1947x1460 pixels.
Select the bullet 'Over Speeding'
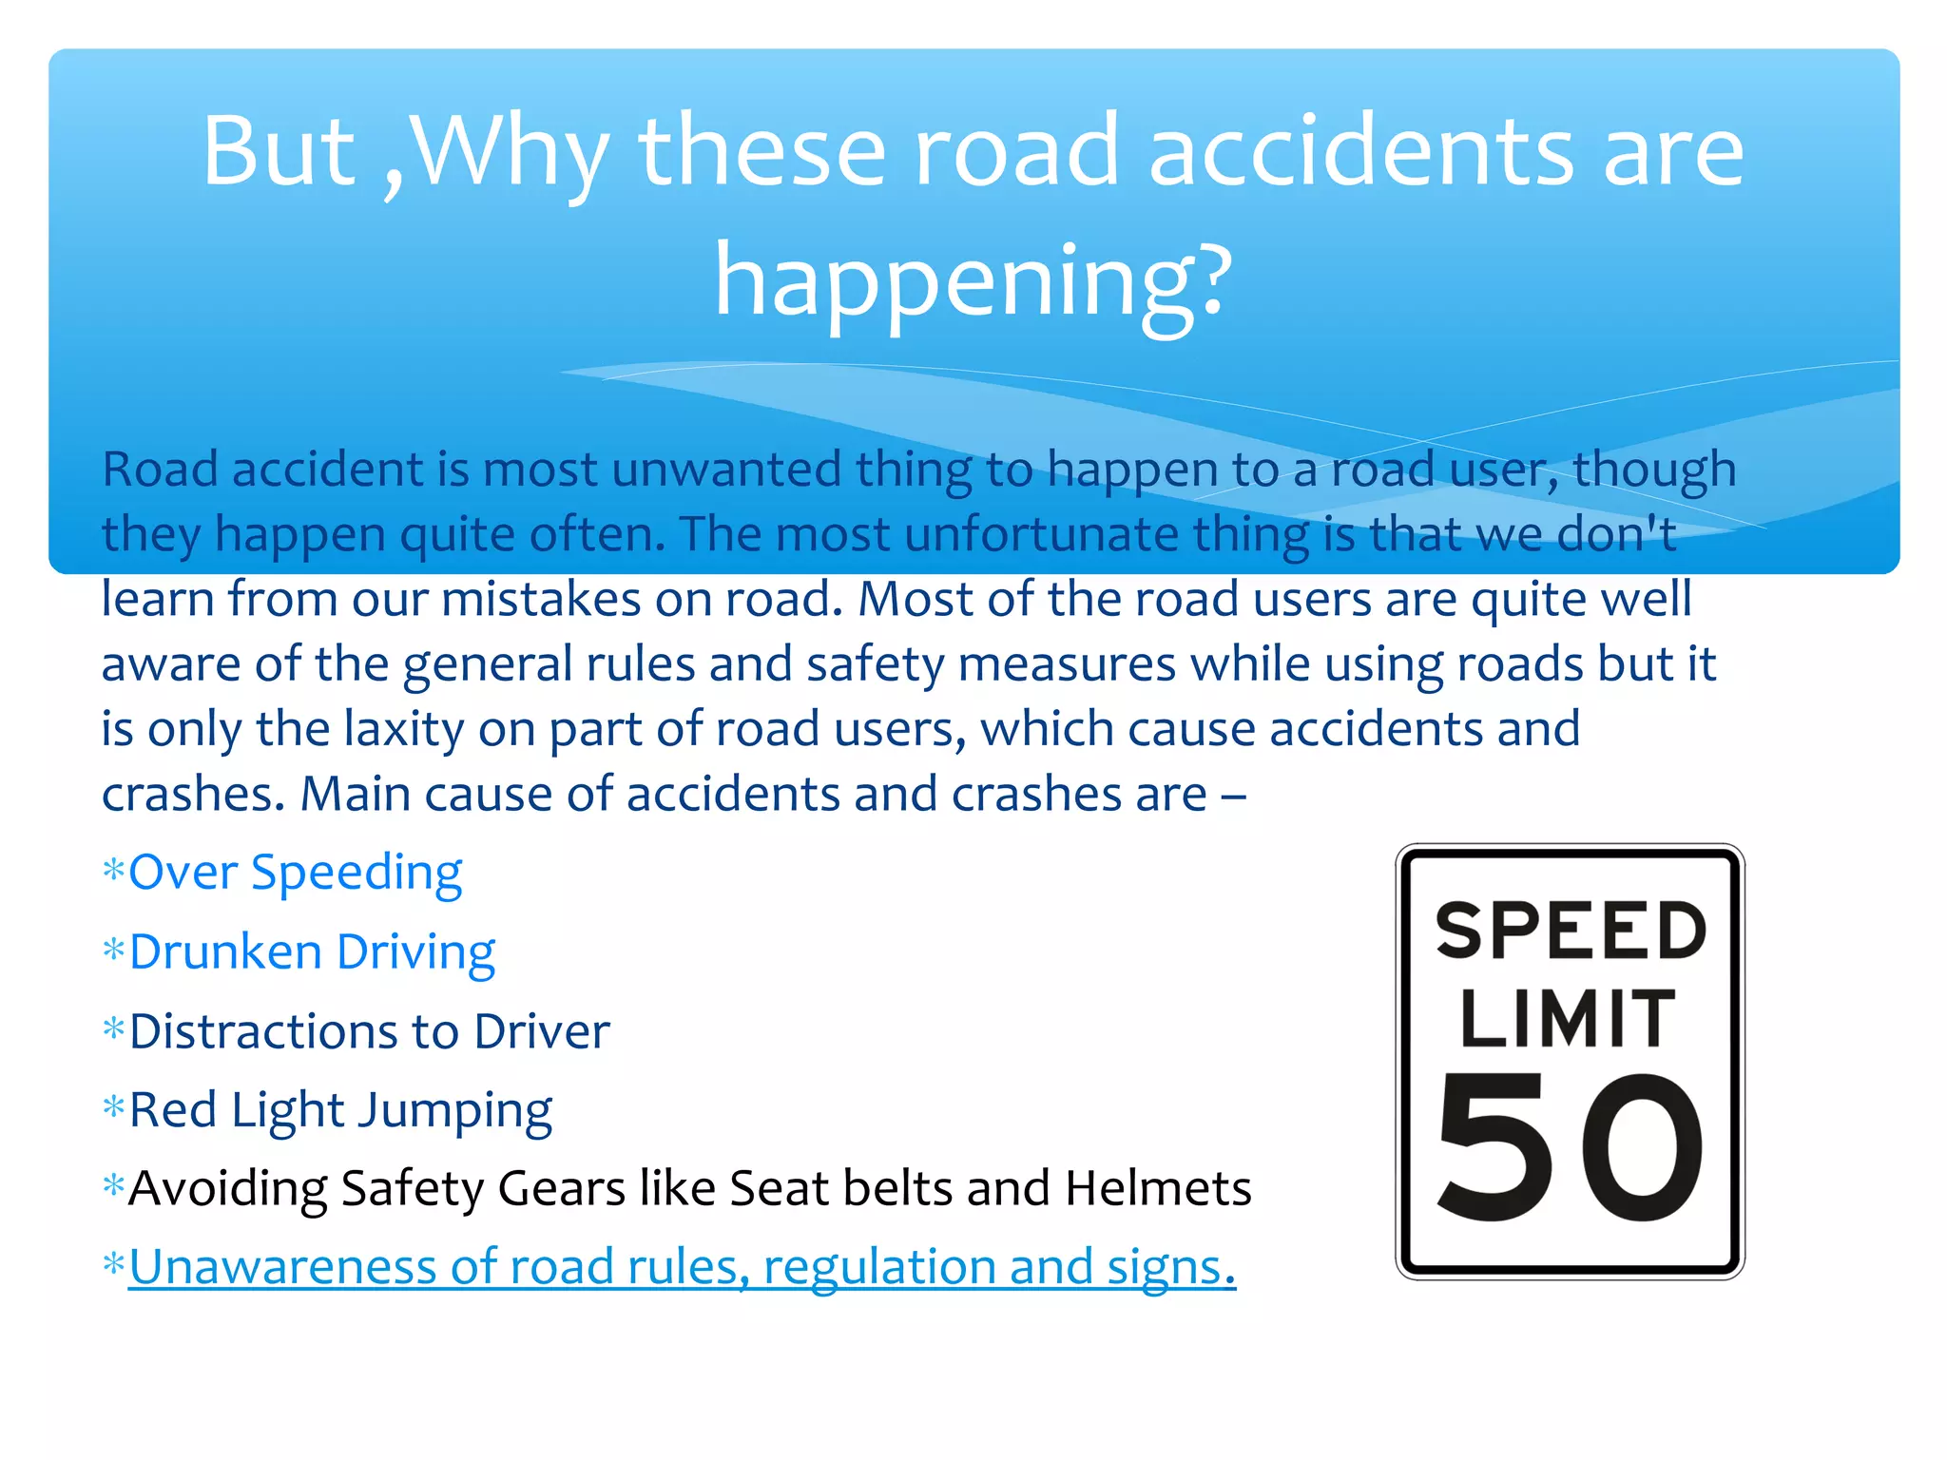pos(295,873)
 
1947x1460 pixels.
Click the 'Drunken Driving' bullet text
pos(312,952)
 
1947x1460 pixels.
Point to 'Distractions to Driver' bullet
pos(369,1031)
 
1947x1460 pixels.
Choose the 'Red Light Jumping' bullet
pos(340,1110)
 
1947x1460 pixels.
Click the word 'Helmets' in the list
pos(1158,1188)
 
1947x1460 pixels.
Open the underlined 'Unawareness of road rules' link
pos(682,1267)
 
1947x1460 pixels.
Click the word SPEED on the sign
pos(1571,931)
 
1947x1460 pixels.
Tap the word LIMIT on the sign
pos(1568,1019)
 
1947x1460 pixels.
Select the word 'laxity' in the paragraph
pos(403,730)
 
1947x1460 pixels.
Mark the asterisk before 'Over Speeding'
pos(113,871)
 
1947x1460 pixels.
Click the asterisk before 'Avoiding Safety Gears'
pos(113,1186)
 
